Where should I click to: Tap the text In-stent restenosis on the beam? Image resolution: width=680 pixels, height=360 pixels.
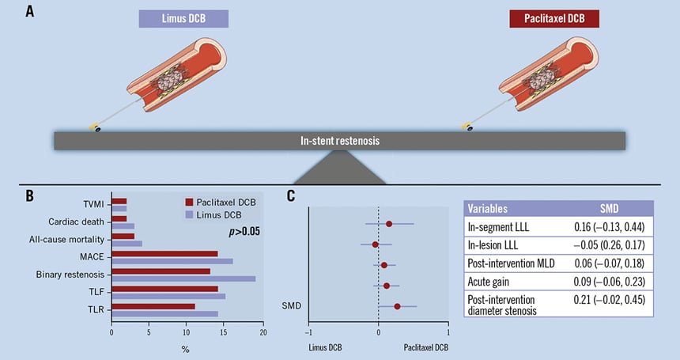(340, 140)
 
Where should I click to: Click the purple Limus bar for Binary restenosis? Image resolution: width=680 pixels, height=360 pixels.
(183, 279)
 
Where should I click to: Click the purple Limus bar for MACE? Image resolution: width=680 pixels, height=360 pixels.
(172, 261)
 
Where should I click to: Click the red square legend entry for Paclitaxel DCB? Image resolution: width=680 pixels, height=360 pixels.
(179, 202)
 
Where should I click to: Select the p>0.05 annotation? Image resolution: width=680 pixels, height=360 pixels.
(245, 232)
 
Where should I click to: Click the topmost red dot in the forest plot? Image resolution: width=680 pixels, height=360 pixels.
(389, 224)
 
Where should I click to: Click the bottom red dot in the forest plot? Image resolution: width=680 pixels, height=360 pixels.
(397, 306)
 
